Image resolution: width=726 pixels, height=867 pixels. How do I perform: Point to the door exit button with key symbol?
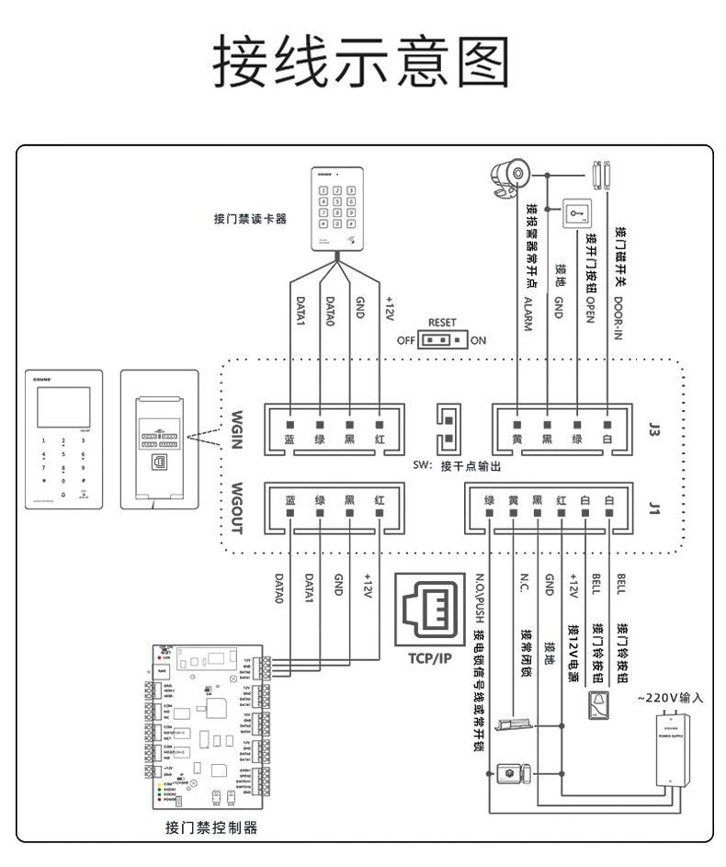click(x=577, y=216)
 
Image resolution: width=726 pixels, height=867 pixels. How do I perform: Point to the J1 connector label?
click(x=654, y=508)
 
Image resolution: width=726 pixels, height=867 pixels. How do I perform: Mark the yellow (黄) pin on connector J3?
click(x=516, y=426)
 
